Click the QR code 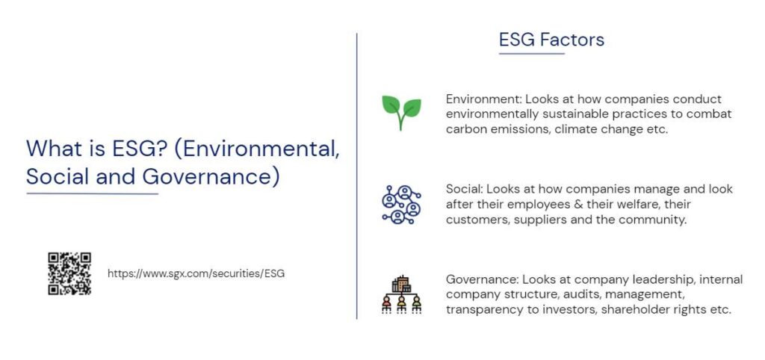click(69, 273)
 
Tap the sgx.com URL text click(196, 273)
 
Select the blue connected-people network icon click(401, 205)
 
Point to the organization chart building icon click(401, 294)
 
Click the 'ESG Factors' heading click(551, 40)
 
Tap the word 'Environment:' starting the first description click(483, 99)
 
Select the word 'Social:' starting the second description click(464, 189)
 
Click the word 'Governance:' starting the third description click(482, 279)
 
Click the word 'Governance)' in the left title click(211, 176)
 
